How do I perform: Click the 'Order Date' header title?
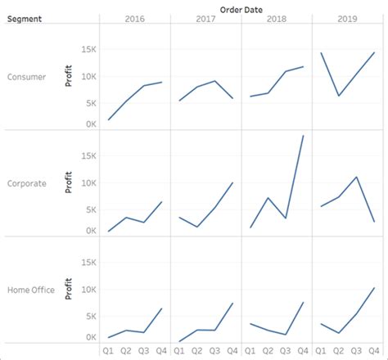click(x=241, y=7)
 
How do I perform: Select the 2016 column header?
click(x=136, y=18)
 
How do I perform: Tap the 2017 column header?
click(x=206, y=18)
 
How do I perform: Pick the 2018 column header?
click(x=277, y=18)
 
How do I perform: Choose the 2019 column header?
click(x=347, y=18)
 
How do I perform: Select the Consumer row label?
click(x=27, y=77)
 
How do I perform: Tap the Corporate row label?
click(x=28, y=183)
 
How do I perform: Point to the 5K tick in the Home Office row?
click(x=90, y=316)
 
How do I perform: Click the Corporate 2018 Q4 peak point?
click(x=304, y=136)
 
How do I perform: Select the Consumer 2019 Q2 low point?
click(x=338, y=96)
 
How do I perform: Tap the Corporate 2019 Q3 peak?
click(x=356, y=177)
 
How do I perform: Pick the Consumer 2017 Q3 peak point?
click(x=214, y=81)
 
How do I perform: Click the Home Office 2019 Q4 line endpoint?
click(x=374, y=288)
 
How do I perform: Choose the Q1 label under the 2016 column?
click(x=108, y=351)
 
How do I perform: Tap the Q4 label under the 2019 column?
click(x=374, y=351)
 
